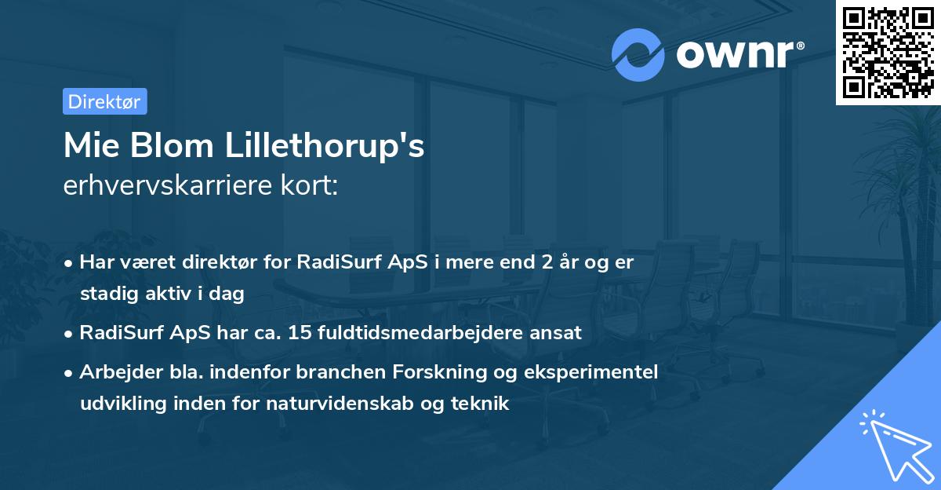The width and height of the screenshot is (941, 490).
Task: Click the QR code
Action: click(x=888, y=53)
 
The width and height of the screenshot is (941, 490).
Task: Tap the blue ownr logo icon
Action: click(x=638, y=54)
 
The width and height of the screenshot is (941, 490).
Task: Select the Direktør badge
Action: click(x=104, y=101)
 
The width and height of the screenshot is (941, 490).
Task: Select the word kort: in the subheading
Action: click(x=311, y=186)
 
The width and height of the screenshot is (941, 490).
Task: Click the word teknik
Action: click(x=484, y=404)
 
